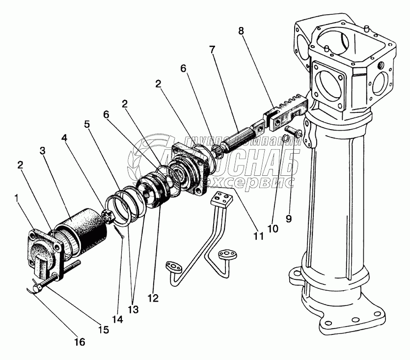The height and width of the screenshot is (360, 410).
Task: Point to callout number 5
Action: [x=87, y=124]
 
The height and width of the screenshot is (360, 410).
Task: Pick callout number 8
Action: [x=240, y=31]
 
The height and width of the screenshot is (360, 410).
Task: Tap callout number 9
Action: [x=289, y=219]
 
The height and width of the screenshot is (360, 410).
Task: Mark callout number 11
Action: [x=258, y=236]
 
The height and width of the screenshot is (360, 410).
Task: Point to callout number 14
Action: [x=117, y=319]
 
